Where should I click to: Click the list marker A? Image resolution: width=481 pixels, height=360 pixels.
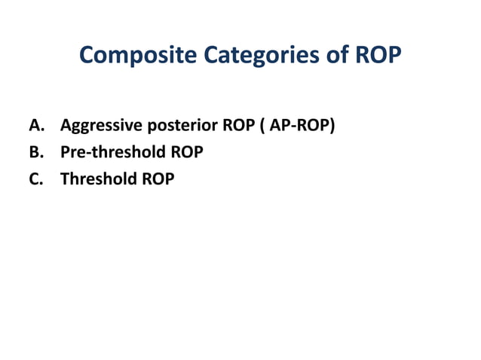pyautogui.click(x=36, y=125)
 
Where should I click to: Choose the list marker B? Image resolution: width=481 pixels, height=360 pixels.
pyautogui.click(x=36, y=152)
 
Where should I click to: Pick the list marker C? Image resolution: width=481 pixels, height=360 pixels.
pyautogui.click(x=36, y=179)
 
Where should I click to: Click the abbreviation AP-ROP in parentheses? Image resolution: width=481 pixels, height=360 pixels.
pyautogui.click(x=301, y=125)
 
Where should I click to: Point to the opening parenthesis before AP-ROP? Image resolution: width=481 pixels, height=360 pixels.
pyautogui.click(x=262, y=125)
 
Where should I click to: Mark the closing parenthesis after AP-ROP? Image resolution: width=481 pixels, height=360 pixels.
pyautogui.click(x=332, y=125)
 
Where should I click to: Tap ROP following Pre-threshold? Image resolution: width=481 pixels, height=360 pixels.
pyautogui.click(x=187, y=152)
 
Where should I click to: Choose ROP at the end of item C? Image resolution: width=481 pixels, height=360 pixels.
pyautogui.click(x=158, y=179)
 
